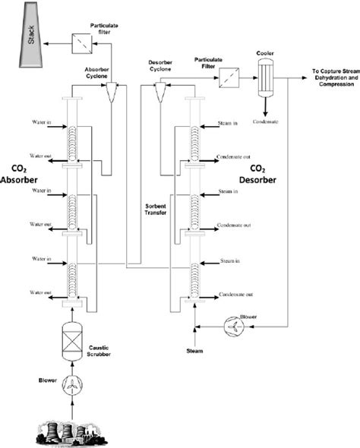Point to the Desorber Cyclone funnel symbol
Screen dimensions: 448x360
159,93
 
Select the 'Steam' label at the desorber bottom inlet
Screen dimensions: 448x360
196,351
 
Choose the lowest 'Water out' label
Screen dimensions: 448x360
36,292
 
